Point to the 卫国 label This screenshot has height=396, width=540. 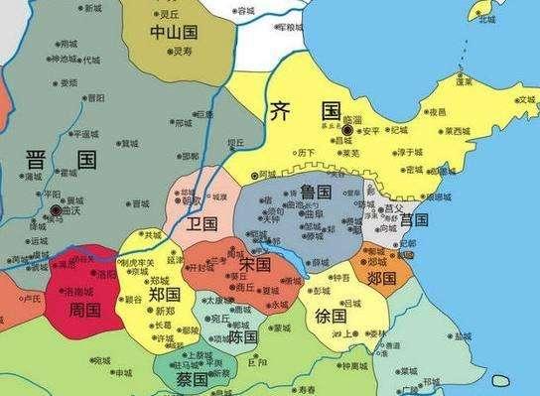tap(202, 223)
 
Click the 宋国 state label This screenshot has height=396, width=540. tap(255, 265)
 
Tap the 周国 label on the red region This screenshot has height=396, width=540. tap(85, 311)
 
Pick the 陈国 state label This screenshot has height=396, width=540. tap(243, 337)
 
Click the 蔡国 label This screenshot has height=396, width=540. tap(192, 379)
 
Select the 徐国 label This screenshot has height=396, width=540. tap(331, 317)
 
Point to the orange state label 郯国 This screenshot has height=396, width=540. tap(382, 276)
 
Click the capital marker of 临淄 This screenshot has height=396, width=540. tap(346, 129)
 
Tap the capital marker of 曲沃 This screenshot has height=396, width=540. tap(56, 210)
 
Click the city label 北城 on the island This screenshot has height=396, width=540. tap(486, 18)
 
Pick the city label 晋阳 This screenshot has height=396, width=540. tap(95, 97)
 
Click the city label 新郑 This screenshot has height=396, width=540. tap(164, 311)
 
